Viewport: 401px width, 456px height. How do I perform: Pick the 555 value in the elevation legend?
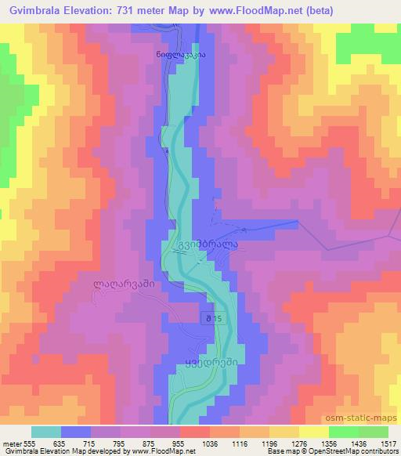[x=31, y=443]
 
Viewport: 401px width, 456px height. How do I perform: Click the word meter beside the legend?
[x=12, y=443]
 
